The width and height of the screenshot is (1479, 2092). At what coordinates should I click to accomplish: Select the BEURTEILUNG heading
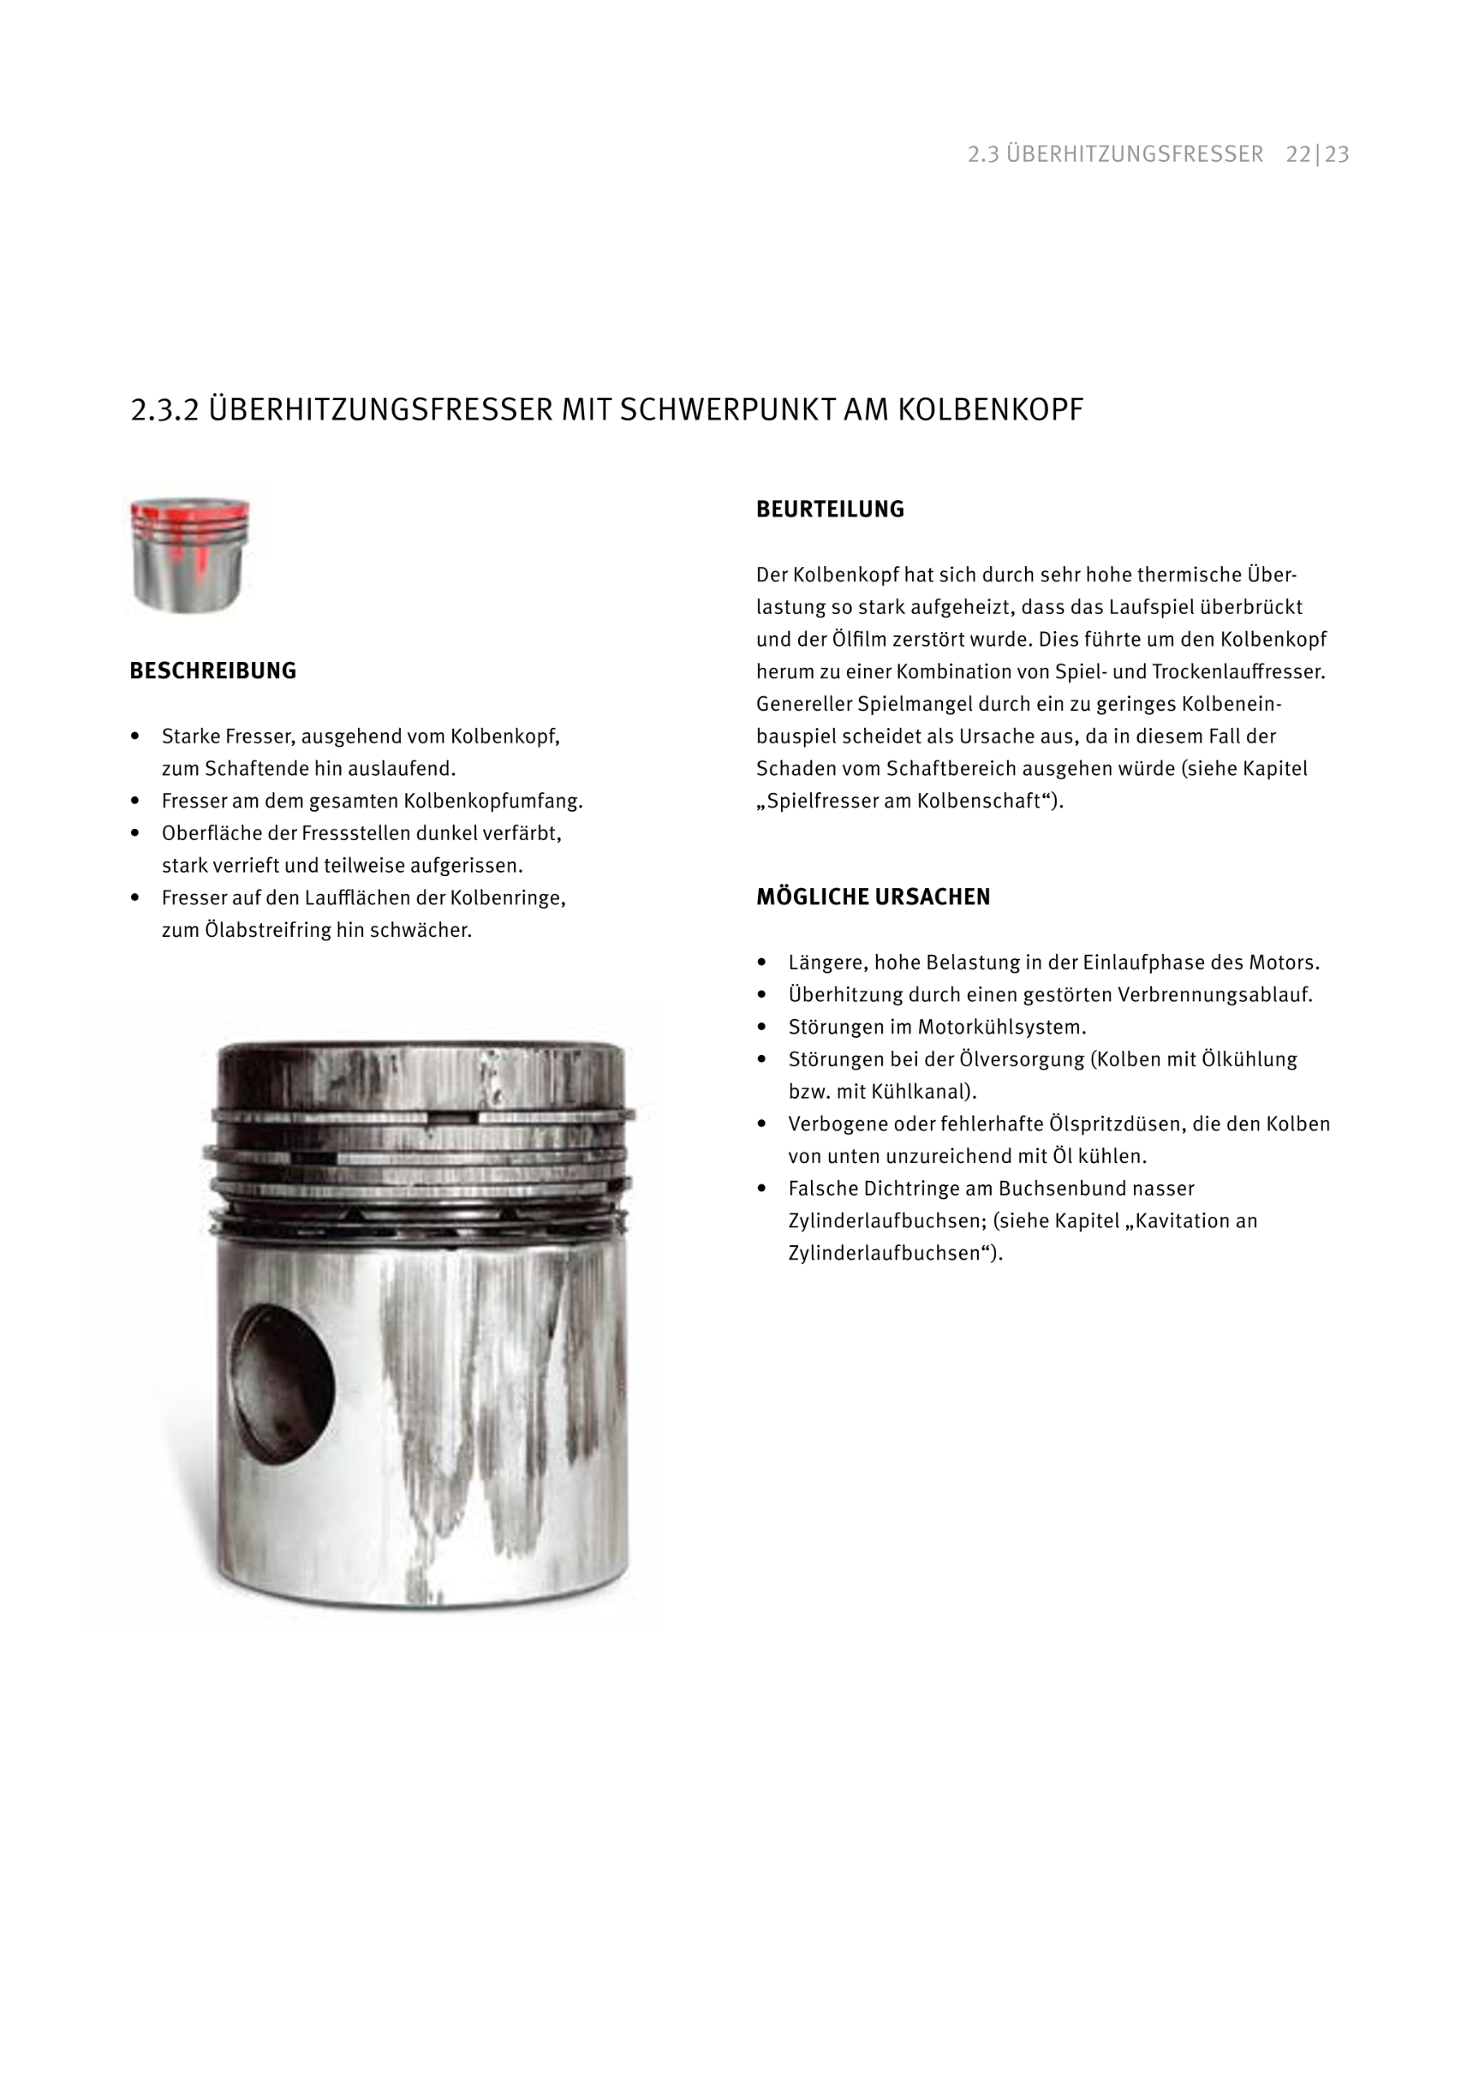point(829,509)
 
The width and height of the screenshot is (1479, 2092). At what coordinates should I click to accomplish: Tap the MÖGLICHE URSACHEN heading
point(872,896)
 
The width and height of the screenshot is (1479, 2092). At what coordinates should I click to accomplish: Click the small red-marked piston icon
point(190,554)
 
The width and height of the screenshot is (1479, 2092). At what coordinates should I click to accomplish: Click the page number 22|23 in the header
point(1317,155)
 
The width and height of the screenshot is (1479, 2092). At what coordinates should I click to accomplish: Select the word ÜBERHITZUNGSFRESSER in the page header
point(1135,155)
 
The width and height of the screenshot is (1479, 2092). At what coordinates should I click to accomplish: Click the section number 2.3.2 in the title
point(164,410)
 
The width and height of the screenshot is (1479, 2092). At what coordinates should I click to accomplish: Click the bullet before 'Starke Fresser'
point(136,735)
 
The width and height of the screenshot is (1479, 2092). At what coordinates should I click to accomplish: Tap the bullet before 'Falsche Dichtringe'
point(761,1188)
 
